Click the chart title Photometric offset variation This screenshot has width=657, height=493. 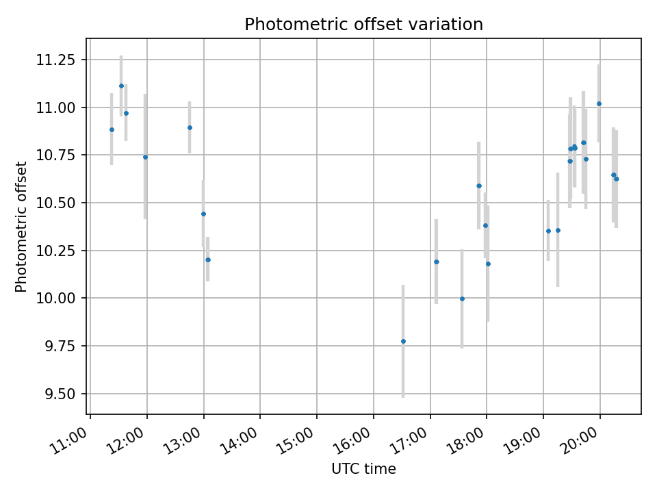363,25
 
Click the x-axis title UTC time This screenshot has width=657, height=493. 363,469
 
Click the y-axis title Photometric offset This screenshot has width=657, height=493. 21,227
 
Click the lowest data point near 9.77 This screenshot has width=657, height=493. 403,341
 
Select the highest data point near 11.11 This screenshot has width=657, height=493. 121,86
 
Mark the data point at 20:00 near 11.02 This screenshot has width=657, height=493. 599,103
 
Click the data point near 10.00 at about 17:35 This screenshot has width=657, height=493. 462,299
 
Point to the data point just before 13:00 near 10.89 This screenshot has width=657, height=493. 190,127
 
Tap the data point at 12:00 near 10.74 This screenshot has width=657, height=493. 145,157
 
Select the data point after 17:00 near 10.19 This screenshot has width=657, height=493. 436,262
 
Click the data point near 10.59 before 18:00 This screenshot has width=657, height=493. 479,186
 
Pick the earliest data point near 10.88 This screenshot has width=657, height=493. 112,129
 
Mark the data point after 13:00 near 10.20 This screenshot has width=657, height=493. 207,260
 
